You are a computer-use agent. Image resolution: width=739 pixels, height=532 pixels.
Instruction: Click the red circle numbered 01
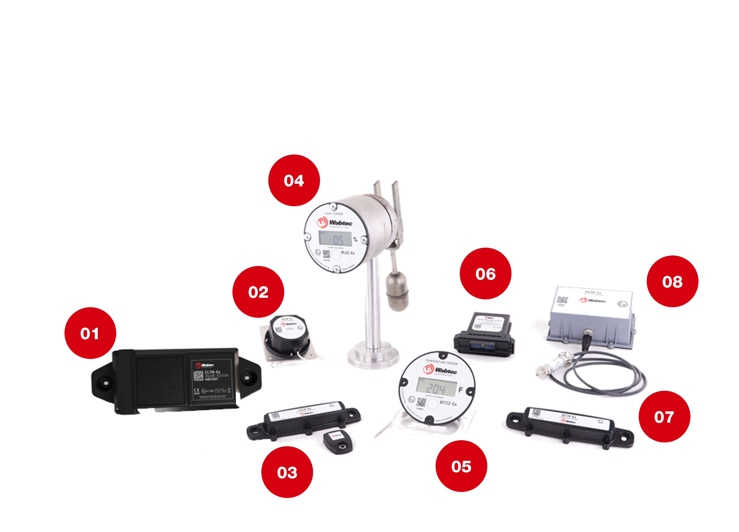90,333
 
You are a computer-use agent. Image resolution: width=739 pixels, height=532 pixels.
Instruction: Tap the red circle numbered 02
258,292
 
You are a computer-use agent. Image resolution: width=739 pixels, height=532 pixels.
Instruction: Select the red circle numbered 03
287,472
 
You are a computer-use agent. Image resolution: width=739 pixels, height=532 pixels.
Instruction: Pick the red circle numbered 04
294,180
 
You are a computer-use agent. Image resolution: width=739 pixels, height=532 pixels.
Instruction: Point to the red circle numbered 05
461,466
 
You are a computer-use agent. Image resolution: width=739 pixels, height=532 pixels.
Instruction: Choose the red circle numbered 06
486,274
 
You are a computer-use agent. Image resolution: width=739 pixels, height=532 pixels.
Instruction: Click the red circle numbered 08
672,281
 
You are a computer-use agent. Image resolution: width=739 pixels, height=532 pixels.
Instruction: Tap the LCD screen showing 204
436,388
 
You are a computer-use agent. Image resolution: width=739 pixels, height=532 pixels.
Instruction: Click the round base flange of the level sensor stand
373,356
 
